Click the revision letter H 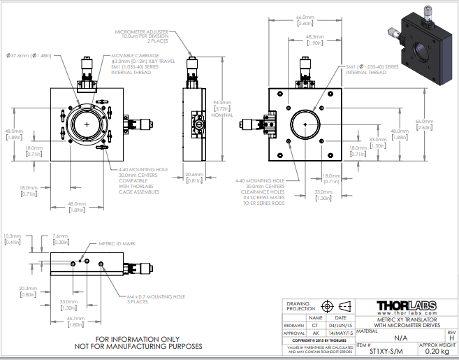pyautogui.click(x=451, y=338)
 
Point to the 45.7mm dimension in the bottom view pyautogui.click(x=75, y=317)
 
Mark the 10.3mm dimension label pyautogui.click(x=14, y=235)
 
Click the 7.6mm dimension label pyautogui.click(x=60, y=235)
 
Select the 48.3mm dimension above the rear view pyautogui.click(x=314, y=37)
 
